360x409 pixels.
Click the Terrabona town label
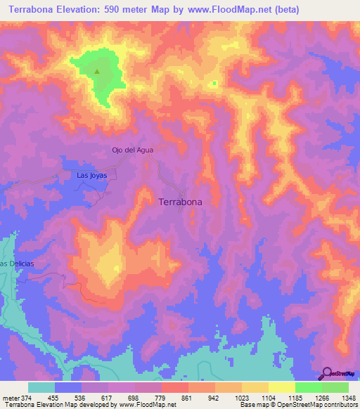pyautogui.click(x=181, y=202)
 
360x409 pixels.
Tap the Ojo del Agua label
pyautogui.click(x=132, y=150)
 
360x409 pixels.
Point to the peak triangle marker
pyautogui.click(x=97, y=70)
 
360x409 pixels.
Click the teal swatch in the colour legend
pyautogui.click(x=41, y=387)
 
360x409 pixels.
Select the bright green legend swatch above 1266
pyautogui.click(x=309, y=387)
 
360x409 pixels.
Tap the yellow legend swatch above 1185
pyautogui.click(x=282, y=387)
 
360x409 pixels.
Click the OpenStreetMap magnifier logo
pyautogui.click(x=328, y=373)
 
